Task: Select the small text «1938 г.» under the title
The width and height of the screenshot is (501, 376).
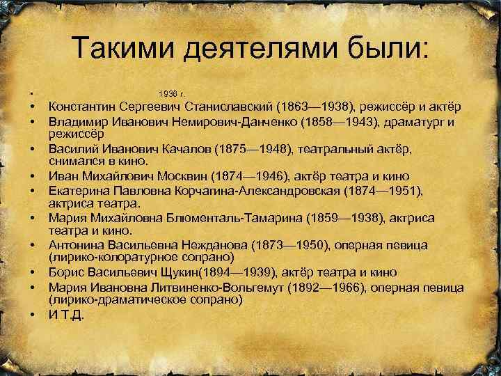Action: pyautogui.click(x=170, y=94)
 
